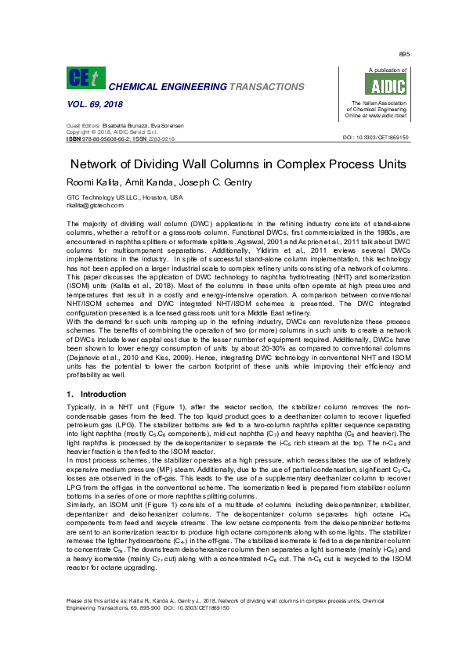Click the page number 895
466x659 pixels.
403,54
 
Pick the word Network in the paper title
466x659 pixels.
98,164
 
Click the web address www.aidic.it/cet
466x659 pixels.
383,115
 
